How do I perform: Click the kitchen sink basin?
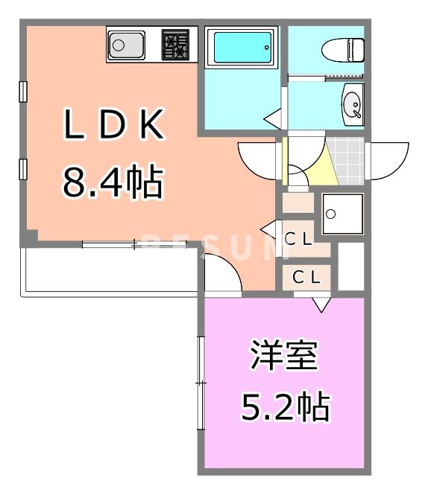click(x=126, y=46)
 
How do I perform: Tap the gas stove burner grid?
click(x=176, y=45)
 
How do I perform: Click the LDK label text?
click(x=113, y=127)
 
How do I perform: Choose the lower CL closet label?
click(x=306, y=277)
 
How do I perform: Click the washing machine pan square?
click(x=342, y=214)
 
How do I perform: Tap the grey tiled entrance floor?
click(x=347, y=159)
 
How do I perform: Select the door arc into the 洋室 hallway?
click(x=222, y=274)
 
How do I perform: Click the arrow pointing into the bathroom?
click(x=272, y=118)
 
